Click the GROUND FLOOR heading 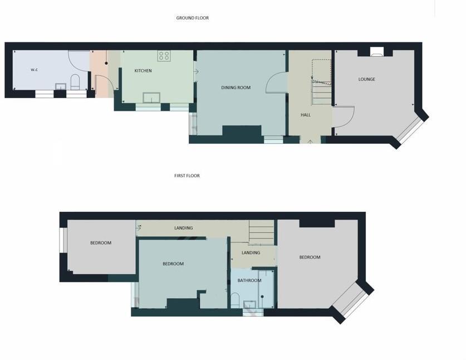(x=193, y=18)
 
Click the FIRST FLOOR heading (x=187, y=176)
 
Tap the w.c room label (x=34, y=70)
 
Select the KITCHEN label (x=143, y=71)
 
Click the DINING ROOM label (x=236, y=87)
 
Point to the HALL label (x=306, y=115)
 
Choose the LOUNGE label (x=366, y=79)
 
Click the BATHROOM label (x=249, y=280)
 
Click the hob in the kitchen (x=164, y=55)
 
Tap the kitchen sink (x=151, y=98)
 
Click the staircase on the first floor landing (x=261, y=231)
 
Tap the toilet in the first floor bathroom (x=235, y=301)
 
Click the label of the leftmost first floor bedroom (x=101, y=243)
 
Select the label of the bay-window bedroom (x=310, y=257)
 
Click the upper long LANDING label (x=184, y=228)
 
